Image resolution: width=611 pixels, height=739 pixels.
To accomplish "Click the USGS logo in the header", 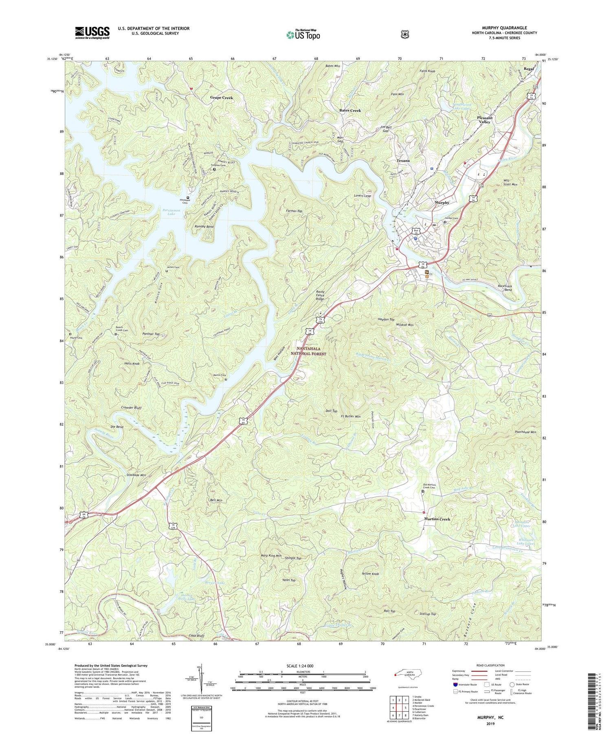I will tap(92, 33).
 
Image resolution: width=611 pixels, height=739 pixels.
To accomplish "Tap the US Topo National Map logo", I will tap(303, 35).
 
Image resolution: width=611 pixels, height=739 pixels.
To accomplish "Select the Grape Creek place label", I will tap(222, 98).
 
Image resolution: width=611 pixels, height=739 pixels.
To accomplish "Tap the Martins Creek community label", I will tap(437, 519).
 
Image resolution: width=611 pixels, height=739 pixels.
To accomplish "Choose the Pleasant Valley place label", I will tap(485, 120).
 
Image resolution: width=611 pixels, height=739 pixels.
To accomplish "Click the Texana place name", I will tap(403, 161).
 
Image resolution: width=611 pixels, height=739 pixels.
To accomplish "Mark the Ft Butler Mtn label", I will tap(350, 417).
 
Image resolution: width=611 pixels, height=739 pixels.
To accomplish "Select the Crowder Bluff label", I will tap(131, 408).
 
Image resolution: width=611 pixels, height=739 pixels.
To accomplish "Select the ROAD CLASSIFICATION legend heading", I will tap(488, 665).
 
